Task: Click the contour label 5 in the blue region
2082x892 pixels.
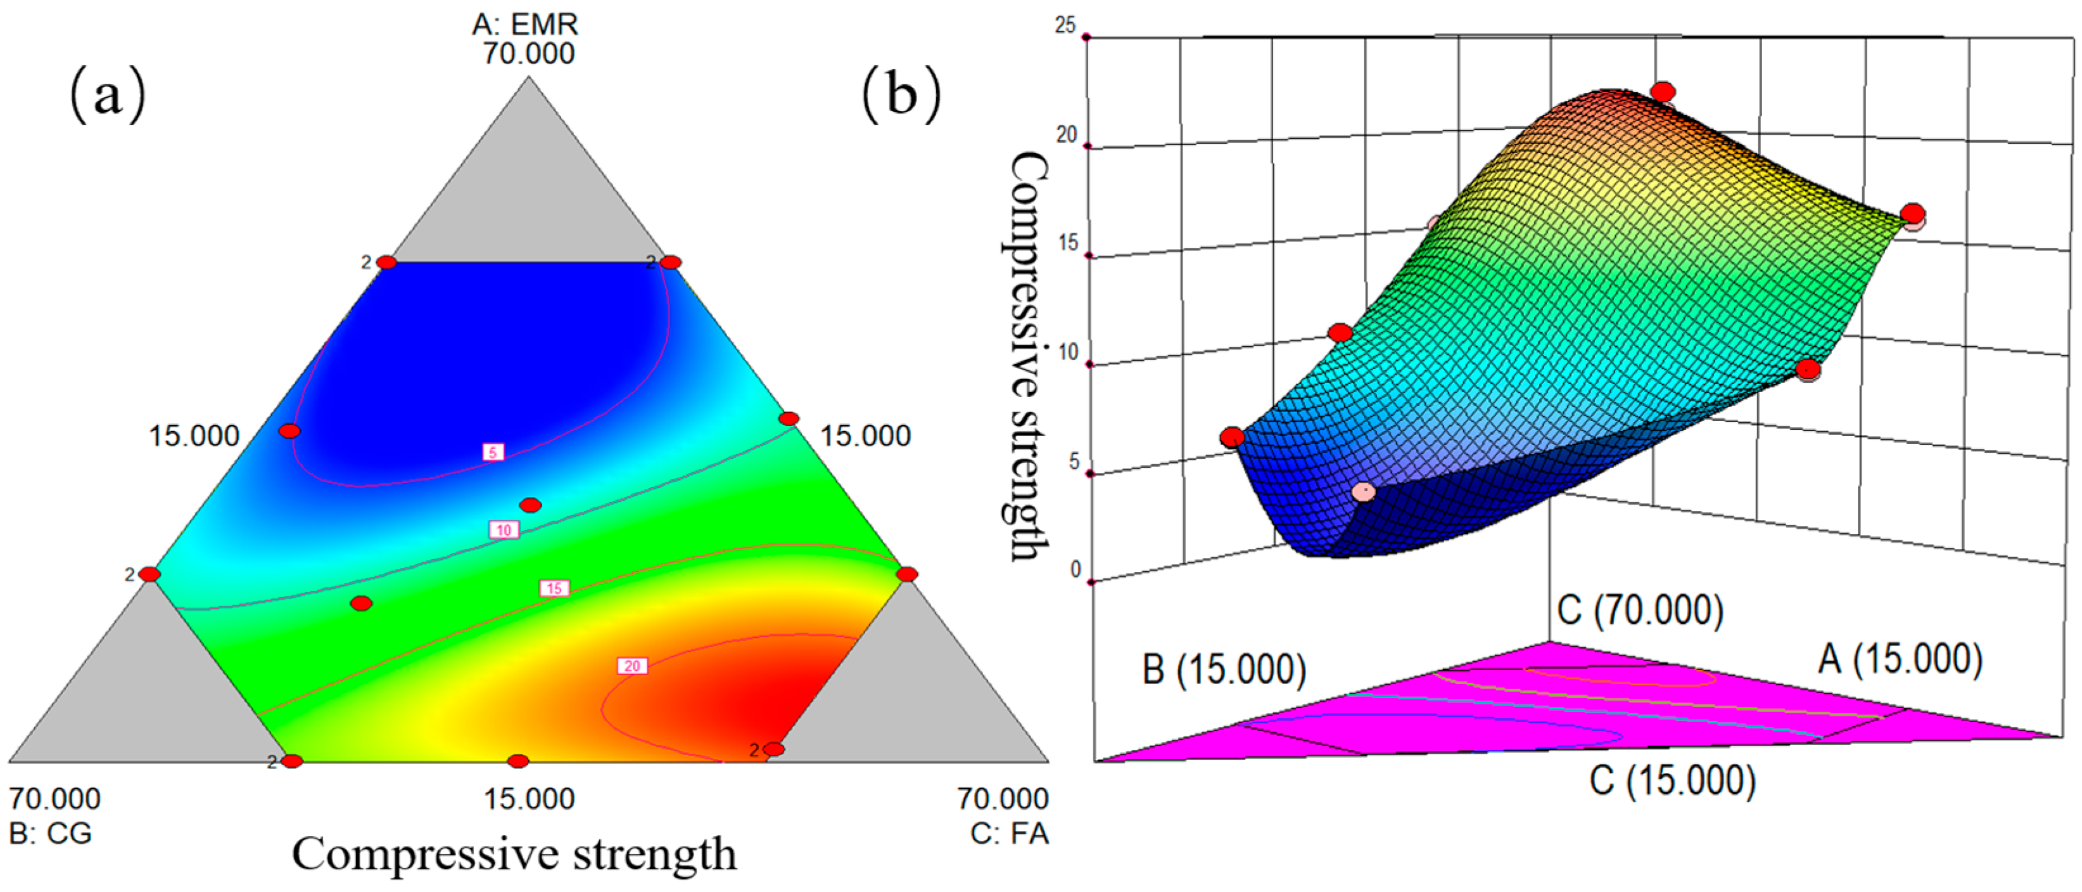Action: click(x=493, y=452)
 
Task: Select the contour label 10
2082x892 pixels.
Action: click(x=504, y=530)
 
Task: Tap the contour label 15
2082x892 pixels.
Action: click(x=554, y=588)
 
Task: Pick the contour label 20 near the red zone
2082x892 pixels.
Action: click(x=632, y=666)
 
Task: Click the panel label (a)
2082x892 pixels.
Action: click(x=108, y=94)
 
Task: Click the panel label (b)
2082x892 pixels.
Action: click(x=901, y=94)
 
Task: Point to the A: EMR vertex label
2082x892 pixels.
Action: click(x=525, y=24)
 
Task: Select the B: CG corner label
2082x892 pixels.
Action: click(x=50, y=833)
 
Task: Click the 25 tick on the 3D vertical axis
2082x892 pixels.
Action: click(x=1065, y=26)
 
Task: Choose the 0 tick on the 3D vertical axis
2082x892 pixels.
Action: click(x=1074, y=570)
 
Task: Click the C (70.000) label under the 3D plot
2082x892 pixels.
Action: click(x=1640, y=610)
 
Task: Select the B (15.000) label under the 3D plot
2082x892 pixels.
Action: click(x=1224, y=669)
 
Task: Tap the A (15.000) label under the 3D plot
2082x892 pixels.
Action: click(x=1900, y=660)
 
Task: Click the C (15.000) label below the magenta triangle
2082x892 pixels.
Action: click(x=1673, y=781)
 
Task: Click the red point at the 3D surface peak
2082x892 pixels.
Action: click(x=1663, y=92)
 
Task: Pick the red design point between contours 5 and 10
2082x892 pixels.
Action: click(x=530, y=505)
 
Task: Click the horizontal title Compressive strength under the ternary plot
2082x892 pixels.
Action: click(x=514, y=854)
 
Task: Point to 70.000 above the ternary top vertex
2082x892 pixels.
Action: click(x=529, y=53)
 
